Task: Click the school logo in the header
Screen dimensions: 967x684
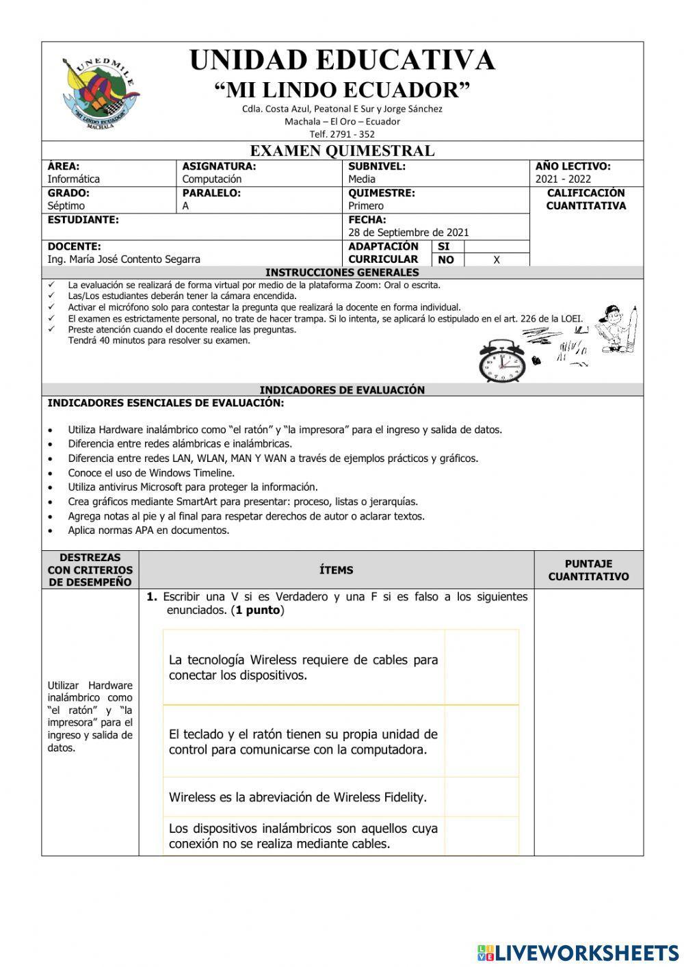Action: coord(100,93)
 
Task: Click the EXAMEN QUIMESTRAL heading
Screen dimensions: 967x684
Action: coord(342,151)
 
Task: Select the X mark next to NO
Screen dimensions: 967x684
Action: coord(497,260)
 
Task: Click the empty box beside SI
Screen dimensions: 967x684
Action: coord(497,246)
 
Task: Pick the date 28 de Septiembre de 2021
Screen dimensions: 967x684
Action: coord(408,233)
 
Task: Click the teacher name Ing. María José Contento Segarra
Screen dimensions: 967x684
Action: coord(124,259)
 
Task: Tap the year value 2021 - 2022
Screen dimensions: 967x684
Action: coord(563,179)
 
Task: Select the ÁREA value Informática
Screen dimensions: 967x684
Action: coord(74,179)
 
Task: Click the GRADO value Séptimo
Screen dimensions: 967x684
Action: coord(66,206)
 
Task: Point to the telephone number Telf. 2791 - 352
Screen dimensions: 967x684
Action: coord(342,134)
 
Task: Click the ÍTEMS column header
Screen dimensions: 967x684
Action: coord(336,570)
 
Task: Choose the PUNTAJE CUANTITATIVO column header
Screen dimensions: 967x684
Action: coord(588,570)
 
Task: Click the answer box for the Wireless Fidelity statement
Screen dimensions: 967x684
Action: coord(482,797)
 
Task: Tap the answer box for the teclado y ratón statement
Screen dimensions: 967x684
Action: coord(482,742)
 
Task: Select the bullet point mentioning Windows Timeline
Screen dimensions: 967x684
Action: coord(151,473)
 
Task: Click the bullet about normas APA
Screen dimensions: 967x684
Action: coord(148,530)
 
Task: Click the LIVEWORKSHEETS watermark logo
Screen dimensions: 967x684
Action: coord(577,952)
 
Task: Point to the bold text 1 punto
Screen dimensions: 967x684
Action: coord(258,610)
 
